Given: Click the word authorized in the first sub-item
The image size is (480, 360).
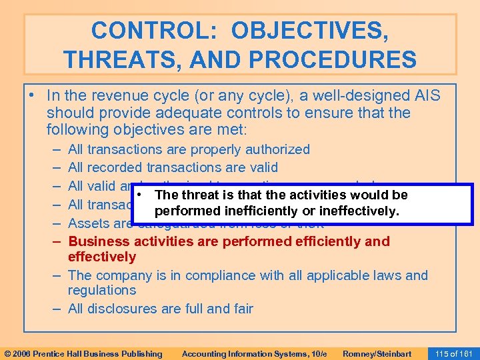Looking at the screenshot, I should tap(279, 149).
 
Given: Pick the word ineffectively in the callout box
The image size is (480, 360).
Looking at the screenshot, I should tap(360, 211).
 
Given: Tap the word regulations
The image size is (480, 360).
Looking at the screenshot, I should tap(102, 290).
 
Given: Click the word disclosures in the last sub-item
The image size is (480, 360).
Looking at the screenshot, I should tap(119, 309).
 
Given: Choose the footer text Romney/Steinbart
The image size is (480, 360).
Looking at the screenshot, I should tap(377, 353).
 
